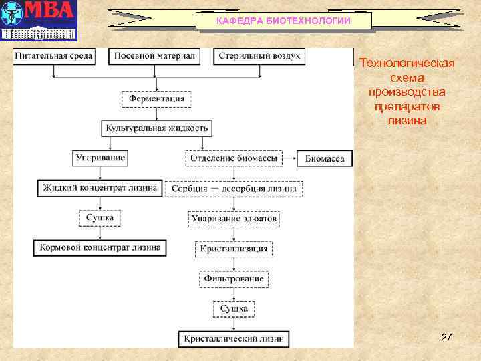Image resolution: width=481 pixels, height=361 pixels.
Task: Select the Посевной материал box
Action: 154,56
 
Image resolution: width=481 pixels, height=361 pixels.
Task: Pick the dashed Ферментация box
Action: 157,98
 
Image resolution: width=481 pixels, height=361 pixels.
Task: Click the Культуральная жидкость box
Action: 157,127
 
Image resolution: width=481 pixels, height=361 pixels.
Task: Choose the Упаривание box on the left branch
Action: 100,158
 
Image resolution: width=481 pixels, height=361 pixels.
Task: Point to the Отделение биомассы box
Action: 233,159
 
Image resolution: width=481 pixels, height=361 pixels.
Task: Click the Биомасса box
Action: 325,159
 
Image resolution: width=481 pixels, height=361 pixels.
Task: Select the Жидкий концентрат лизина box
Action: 100,188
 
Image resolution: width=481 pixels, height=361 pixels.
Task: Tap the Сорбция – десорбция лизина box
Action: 233,189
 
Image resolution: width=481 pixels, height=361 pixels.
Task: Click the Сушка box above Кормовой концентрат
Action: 100,218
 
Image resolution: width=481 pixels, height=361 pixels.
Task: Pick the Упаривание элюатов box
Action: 233,219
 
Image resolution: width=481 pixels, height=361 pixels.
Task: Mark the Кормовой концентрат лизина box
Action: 100,247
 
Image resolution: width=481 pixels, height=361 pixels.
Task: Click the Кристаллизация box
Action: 233,249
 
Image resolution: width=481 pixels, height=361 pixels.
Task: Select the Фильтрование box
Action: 233,278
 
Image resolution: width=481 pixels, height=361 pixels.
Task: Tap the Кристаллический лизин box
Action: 233,339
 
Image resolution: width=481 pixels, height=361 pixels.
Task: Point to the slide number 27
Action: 446,338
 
